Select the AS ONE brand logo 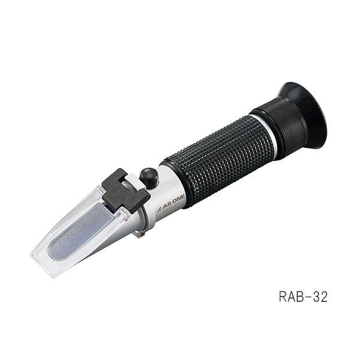(x=172, y=206)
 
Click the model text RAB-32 (x=303, y=297)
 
